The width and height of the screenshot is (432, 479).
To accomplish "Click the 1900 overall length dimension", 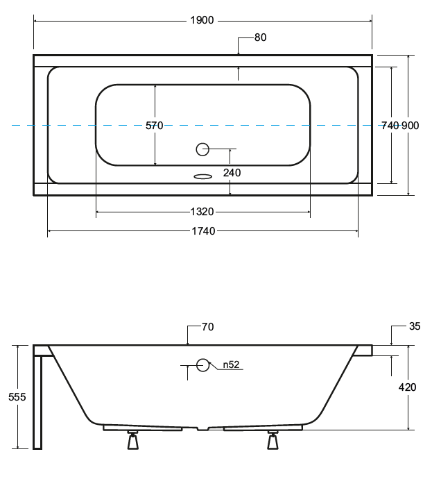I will click(202, 20).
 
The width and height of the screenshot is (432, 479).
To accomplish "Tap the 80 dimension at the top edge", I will click(260, 37).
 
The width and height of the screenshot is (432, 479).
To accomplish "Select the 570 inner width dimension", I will click(154, 126).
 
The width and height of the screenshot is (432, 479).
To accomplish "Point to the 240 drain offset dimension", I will click(232, 172).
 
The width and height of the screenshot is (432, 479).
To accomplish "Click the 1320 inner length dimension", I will click(202, 212).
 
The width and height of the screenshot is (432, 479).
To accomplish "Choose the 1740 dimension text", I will click(202, 231).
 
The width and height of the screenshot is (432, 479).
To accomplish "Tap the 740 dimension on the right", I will click(390, 126).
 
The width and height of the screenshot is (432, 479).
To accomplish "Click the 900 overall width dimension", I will click(411, 126).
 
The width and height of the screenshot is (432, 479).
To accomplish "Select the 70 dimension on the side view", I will click(207, 327).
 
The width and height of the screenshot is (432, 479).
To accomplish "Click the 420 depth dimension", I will click(408, 387).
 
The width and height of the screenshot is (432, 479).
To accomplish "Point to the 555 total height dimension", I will click(17, 397).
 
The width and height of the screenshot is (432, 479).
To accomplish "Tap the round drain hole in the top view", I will click(202, 149).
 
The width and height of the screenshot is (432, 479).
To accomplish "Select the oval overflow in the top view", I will click(202, 176).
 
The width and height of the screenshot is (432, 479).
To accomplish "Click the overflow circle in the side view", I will click(202, 364).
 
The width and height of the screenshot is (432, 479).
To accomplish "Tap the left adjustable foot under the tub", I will click(133, 441).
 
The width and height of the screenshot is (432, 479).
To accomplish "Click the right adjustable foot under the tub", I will click(273, 441).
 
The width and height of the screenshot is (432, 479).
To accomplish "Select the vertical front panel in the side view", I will click(38, 399).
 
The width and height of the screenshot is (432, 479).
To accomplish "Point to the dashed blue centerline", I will click(69, 126).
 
